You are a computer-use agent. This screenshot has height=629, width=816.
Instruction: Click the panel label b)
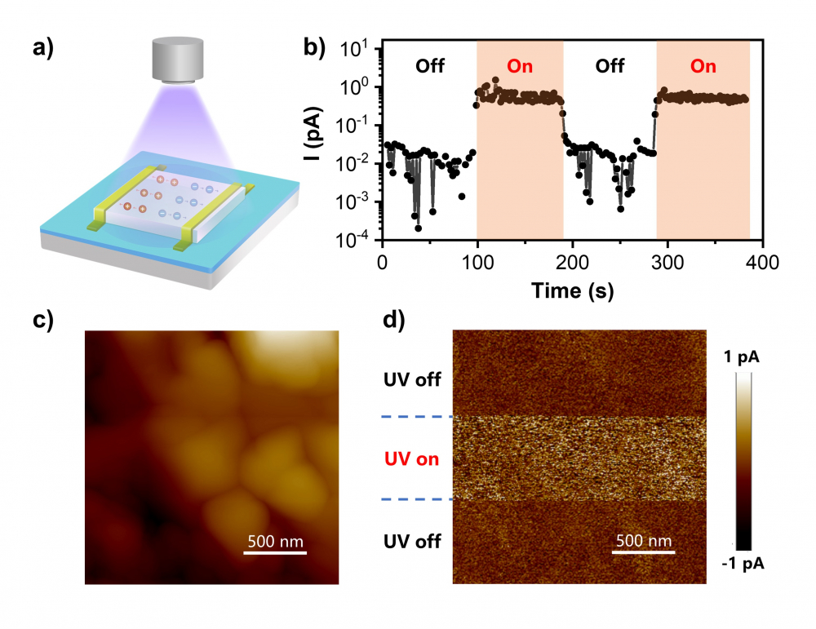[315, 47]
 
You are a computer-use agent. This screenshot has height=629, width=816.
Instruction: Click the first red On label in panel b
[521, 66]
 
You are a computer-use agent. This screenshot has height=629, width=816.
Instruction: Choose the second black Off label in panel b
[610, 66]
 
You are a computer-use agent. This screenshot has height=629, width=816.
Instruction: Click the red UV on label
[412, 459]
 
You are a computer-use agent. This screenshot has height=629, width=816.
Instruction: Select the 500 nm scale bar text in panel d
[642, 541]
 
